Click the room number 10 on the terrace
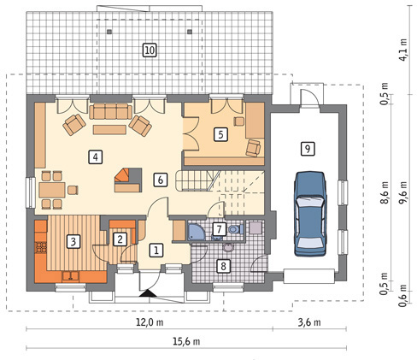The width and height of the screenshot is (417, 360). [150, 50]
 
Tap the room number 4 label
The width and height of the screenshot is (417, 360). [96, 157]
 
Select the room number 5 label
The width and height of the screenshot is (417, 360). [220, 134]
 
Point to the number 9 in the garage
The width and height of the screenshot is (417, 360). [308, 149]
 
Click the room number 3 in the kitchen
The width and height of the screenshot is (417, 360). [73, 241]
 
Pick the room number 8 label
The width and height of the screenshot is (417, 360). [223, 266]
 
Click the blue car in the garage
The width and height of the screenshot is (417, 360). [310, 214]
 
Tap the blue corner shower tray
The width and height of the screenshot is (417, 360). [196, 231]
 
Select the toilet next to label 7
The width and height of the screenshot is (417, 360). [236, 229]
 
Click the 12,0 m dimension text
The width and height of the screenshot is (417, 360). [150, 322]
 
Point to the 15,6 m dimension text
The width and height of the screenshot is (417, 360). [186, 341]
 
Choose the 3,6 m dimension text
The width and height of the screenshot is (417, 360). [309, 322]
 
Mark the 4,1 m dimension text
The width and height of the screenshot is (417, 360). [403, 50]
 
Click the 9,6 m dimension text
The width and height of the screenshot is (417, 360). [403, 193]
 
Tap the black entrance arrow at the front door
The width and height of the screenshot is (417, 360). [147, 293]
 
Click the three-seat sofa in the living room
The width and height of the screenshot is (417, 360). [110, 111]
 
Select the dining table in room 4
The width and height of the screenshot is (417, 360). [52, 190]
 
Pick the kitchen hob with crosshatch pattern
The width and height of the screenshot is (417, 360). [41, 247]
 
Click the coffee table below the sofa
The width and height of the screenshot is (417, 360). [109, 129]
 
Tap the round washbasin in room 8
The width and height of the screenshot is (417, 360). [228, 247]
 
